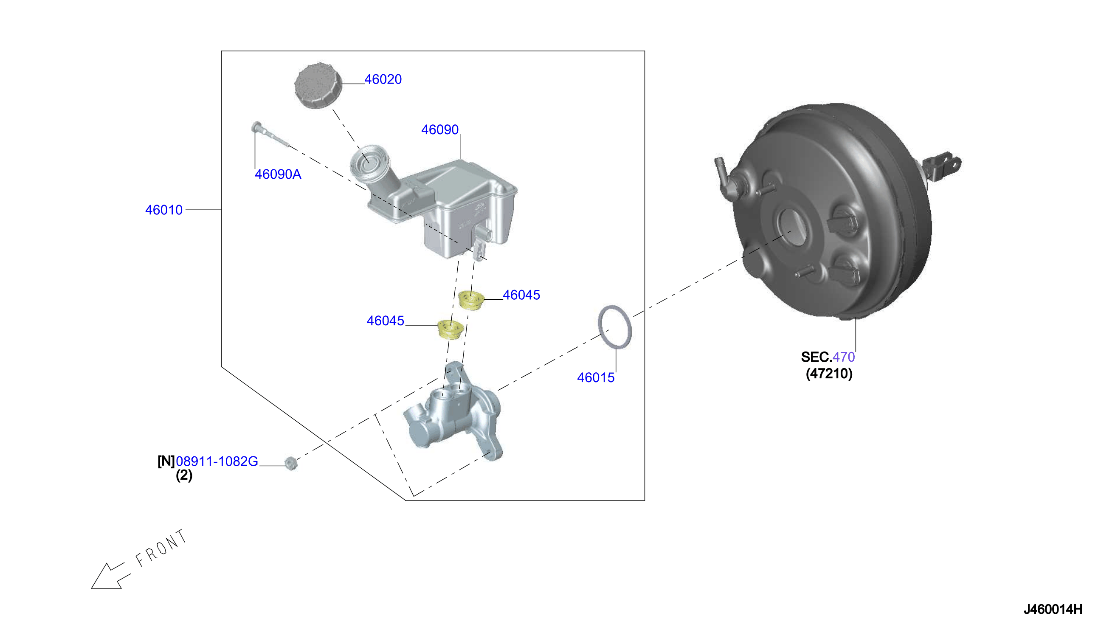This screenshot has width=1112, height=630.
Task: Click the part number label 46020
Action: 383,79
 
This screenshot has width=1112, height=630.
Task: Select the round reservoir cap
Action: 318,86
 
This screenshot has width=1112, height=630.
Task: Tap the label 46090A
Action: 278,174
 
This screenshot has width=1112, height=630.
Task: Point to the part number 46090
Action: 439,129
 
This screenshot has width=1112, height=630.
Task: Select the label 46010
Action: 163,210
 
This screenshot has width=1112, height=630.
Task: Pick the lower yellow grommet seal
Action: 450,330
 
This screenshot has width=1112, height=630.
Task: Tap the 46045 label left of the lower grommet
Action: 385,321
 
